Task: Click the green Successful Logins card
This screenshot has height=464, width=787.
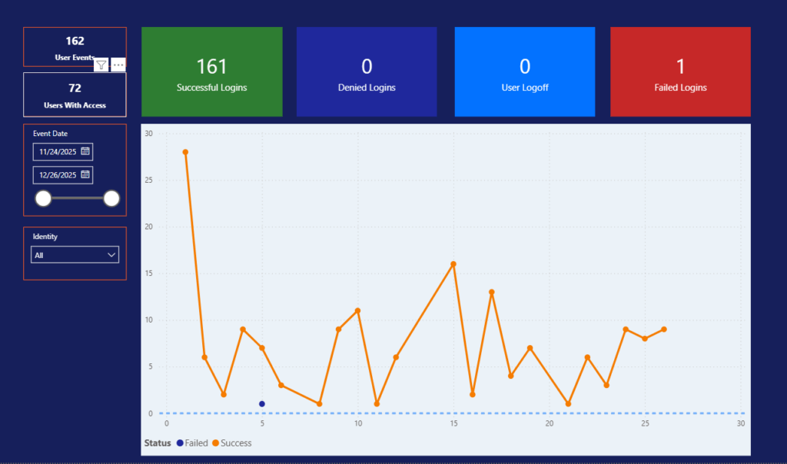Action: click(211, 72)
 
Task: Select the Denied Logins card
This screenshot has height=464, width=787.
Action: click(367, 72)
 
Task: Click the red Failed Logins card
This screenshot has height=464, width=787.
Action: click(680, 72)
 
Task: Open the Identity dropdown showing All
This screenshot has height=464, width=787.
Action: click(75, 254)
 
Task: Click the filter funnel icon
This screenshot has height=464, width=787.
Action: click(101, 65)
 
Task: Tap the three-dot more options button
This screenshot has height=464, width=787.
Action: click(118, 65)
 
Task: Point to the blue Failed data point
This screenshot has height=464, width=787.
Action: click(262, 404)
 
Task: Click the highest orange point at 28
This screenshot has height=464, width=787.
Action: click(185, 152)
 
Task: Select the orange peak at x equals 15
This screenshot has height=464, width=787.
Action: click(453, 264)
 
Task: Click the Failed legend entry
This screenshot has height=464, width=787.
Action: click(191, 443)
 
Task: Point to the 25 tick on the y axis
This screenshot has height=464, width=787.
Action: click(149, 181)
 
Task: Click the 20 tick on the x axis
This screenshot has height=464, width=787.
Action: click(549, 424)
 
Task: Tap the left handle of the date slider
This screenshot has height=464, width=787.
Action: click(44, 199)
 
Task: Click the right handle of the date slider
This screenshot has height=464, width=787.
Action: click(111, 199)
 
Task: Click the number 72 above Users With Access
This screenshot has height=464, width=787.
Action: click(75, 88)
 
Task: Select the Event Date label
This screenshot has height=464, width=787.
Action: click(50, 134)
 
